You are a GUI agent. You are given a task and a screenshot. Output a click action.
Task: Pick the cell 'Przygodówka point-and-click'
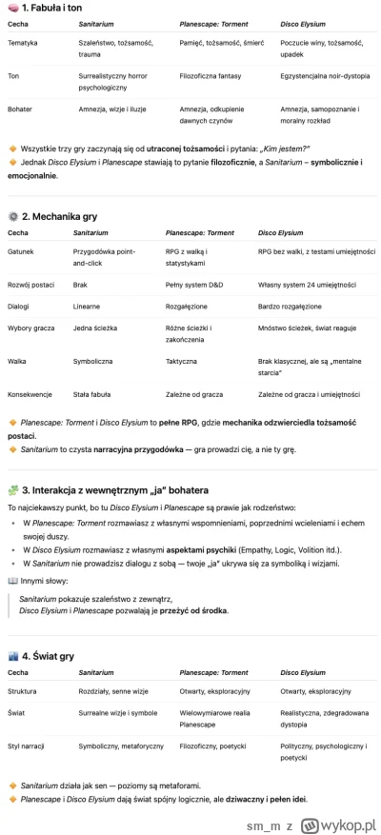click(105, 257)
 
